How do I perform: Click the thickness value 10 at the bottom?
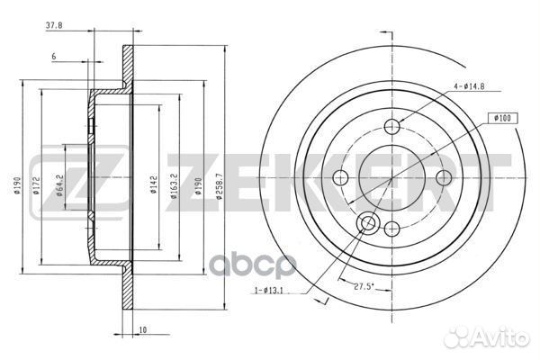(143, 330)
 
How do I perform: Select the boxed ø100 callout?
(501, 118)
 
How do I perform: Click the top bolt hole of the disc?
(392, 127)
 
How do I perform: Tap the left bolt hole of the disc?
(343, 176)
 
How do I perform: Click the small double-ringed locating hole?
(368, 224)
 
